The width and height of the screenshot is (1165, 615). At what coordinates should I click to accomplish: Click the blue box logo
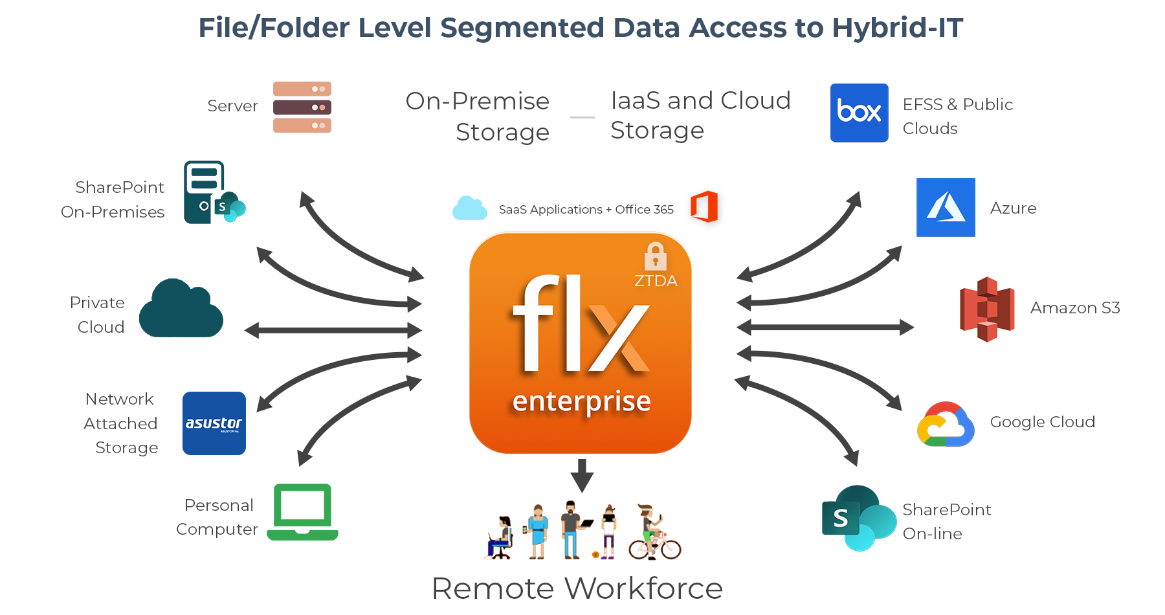coord(859,113)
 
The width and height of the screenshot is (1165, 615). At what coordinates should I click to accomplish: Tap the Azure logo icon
coord(946,207)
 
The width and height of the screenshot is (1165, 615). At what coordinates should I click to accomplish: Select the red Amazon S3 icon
coord(986,309)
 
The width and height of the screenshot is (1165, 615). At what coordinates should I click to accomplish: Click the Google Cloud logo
coord(946,424)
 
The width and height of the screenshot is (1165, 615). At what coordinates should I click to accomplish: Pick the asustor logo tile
coord(214,423)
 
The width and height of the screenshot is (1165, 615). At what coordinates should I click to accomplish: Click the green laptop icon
coord(302,511)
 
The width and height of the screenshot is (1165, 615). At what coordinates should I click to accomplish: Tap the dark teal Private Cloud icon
coord(181,309)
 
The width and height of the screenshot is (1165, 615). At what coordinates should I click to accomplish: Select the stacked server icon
coord(302,107)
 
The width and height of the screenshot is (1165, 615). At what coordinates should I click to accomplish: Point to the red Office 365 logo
coord(704,207)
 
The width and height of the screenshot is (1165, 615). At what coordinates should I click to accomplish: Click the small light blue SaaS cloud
coord(469,208)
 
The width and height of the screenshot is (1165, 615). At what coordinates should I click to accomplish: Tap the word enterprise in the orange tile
coord(581,401)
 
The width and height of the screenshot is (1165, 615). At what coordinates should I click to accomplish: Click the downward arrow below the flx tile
coord(582,475)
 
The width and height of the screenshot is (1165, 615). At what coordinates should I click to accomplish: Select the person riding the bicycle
coord(654,534)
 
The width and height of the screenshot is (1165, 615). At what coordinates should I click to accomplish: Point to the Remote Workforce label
coord(577,588)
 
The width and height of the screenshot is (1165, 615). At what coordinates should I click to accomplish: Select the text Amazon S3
coord(1074,307)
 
